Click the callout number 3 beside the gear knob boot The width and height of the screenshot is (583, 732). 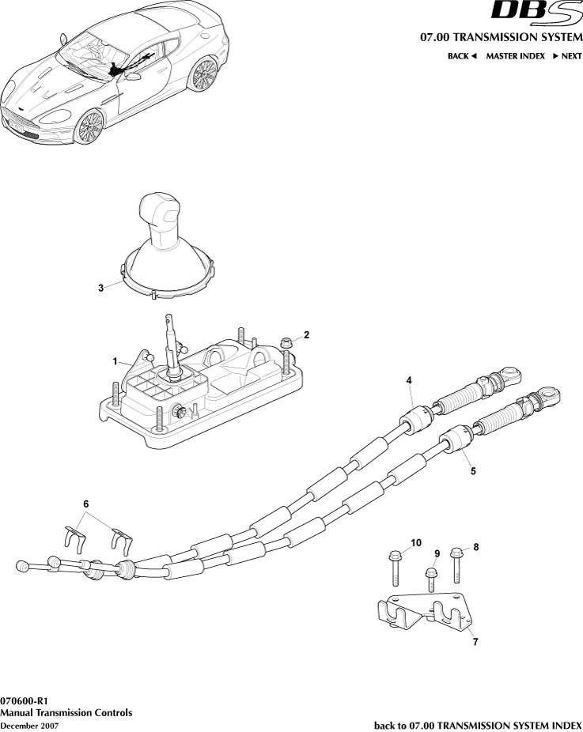(x=100, y=289)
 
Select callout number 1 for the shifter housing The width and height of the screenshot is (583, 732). (x=115, y=361)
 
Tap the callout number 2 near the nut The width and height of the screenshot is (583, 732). (x=307, y=334)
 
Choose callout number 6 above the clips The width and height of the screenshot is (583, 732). (x=86, y=504)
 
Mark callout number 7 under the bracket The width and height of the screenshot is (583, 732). (x=475, y=642)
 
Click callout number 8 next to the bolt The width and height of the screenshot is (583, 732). (x=475, y=547)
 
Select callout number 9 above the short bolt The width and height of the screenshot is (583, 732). (x=436, y=553)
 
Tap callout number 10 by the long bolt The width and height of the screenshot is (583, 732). (x=416, y=542)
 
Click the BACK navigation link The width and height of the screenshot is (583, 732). (x=463, y=56)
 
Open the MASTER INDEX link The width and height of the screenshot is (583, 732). (x=515, y=56)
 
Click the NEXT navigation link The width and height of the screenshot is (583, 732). (x=567, y=56)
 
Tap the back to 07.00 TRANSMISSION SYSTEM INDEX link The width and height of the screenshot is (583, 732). (x=477, y=725)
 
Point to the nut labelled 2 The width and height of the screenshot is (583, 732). (x=288, y=342)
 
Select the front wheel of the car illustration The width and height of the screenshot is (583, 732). (x=90, y=126)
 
